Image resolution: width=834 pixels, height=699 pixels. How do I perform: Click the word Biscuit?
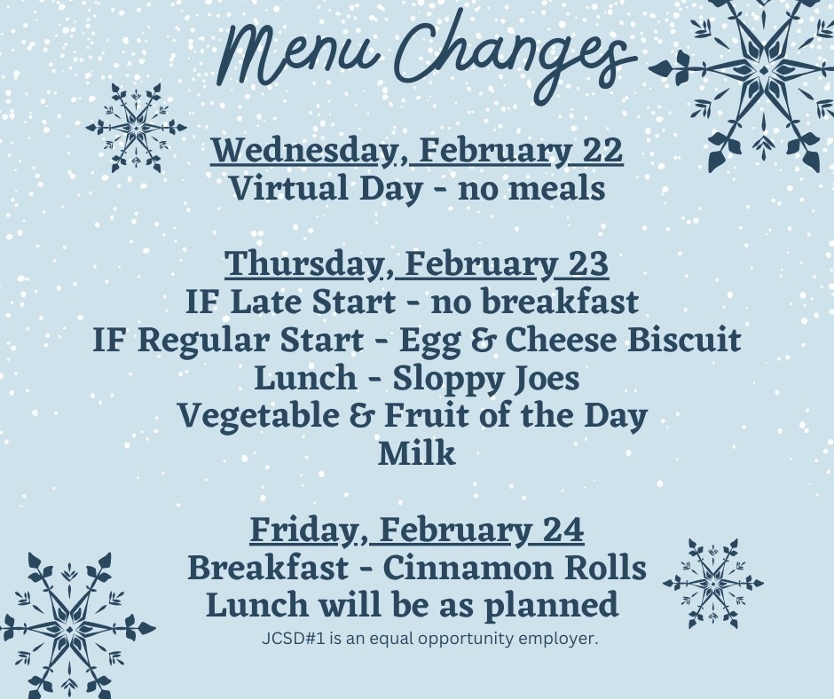[x=684, y=340]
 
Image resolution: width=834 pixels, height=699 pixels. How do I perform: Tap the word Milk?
[x=417, y=454]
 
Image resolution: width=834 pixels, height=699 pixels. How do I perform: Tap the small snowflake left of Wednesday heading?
[x=137, y=128]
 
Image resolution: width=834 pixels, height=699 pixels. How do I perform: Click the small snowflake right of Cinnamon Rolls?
[x=713, y=583]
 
